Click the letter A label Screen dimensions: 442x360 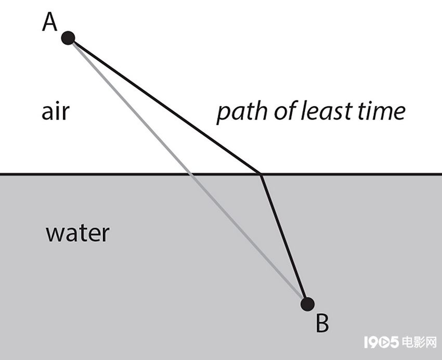[49, 22]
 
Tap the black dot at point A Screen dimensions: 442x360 [68, 38]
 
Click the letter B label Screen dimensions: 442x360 [322, 323]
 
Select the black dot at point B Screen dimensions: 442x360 [307, 304]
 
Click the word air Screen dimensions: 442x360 [55, 111]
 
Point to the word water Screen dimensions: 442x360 [77, 234]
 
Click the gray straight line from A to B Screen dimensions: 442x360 [188, 171]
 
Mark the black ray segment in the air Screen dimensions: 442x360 [164, 106]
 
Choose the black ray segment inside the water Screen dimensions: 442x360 [284, 240]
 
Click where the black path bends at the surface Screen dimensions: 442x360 [261, 175]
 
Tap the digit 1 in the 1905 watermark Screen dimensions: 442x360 [366, 342]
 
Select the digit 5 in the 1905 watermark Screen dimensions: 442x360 [393, 342]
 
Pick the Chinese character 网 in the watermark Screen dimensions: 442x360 [431, 342]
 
